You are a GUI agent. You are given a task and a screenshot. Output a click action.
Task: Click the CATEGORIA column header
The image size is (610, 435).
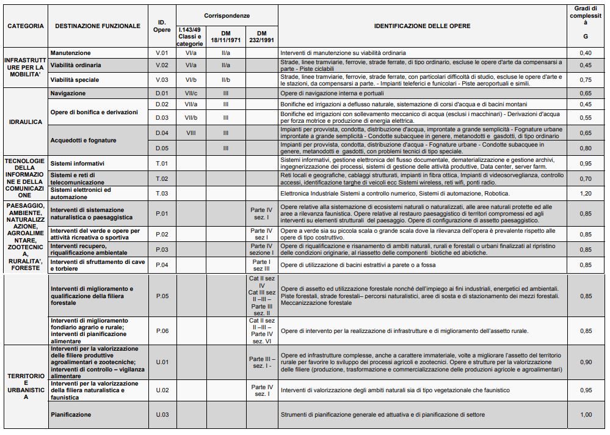click(x=26, y=26)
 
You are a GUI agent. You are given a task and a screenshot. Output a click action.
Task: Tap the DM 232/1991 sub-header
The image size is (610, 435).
click(x=261, y=36)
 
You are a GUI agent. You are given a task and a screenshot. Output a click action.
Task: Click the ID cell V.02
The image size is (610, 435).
click(x=162, y=65)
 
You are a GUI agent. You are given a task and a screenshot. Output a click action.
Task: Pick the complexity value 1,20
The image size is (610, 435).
click(x=586, y=194)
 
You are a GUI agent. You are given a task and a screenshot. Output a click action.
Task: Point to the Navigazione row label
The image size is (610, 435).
click(x=68, y=93)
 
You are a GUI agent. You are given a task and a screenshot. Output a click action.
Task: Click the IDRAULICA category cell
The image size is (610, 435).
click(x=26, y=122)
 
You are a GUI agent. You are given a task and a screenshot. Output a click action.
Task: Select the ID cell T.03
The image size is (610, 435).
click(x=162, y=194)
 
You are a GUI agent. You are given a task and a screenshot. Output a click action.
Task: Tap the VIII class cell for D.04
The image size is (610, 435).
click(x=191, y=133)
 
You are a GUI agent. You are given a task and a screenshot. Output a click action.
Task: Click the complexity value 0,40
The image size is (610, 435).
click(x=586, y=53)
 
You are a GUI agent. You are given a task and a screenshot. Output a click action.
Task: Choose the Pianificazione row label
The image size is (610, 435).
click(x=71, y=415)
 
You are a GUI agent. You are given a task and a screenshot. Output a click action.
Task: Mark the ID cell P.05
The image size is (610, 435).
click(x=162, y=296)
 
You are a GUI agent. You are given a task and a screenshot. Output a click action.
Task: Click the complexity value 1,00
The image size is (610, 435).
click(x=586, y=415)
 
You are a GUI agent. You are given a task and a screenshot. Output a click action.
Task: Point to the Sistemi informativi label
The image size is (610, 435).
click(x=77, y=163)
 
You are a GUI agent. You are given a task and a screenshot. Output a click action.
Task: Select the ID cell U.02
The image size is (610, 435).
click(x=162, y=390)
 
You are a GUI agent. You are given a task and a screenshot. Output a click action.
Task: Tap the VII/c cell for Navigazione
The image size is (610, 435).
click(x=191, y=93)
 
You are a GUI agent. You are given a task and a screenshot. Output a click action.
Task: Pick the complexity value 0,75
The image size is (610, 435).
click(x=586, y=79)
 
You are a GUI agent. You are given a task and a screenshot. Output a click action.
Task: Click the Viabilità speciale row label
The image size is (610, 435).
click(x=74, y=79)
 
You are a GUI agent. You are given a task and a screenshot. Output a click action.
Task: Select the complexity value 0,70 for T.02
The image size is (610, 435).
click(x=586, y=178)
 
